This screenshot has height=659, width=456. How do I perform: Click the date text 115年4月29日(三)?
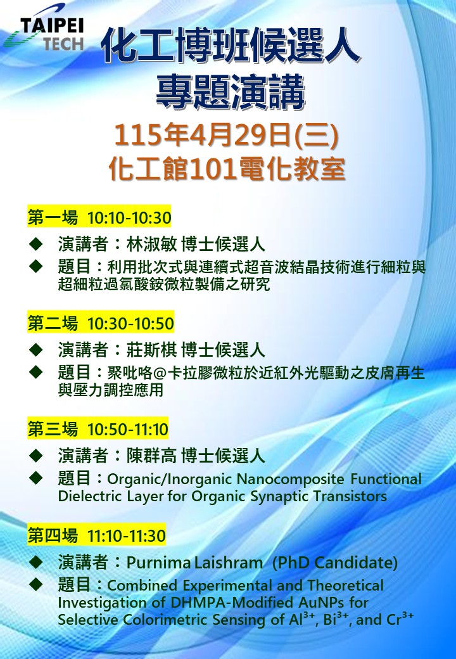[x=227, y=136]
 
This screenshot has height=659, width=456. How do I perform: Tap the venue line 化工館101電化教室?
[x=227, y=169]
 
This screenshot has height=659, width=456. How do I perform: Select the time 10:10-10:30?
[x=129, y=218]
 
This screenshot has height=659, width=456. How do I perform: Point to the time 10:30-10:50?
[x=130, y=324]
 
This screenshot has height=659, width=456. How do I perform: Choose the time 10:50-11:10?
[x=128, y=430]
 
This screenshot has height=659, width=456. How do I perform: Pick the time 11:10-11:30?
[x=127, y=536]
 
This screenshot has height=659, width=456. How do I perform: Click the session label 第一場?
[x=53, y=218]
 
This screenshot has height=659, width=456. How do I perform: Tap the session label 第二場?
[x=53, y=324]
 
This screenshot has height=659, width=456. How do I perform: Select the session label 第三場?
[x=53, y=430]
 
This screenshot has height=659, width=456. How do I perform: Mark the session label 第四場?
[x=53, y=536]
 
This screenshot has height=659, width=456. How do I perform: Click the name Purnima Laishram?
[x=195, y=562]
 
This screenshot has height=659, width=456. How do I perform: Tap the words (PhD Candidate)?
[x=334, y=562]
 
